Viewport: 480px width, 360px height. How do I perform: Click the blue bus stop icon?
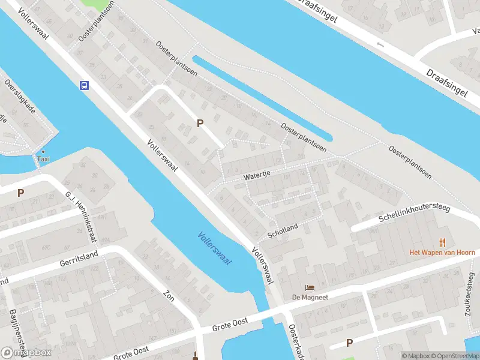pos(85,85)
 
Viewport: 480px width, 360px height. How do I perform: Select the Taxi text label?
pos(43,159)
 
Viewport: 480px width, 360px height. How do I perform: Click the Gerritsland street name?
pos(78,260)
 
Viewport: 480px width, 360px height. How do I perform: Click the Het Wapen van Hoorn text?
pos(442,253)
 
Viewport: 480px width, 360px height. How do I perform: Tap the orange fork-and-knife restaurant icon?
pos(443,242)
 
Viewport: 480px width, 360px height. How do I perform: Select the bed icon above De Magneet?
pos(310,287)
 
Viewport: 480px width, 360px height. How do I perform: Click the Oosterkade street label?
pos(296,342)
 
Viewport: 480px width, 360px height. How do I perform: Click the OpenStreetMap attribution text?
pos(452,356)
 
